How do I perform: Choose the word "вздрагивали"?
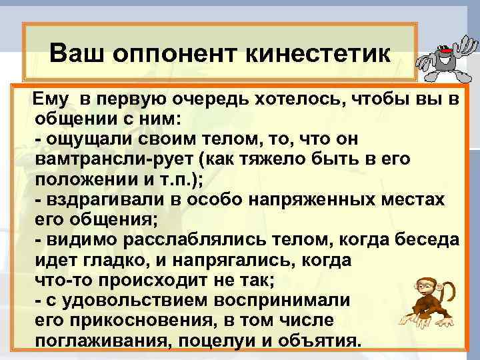(x=99, y=201)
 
